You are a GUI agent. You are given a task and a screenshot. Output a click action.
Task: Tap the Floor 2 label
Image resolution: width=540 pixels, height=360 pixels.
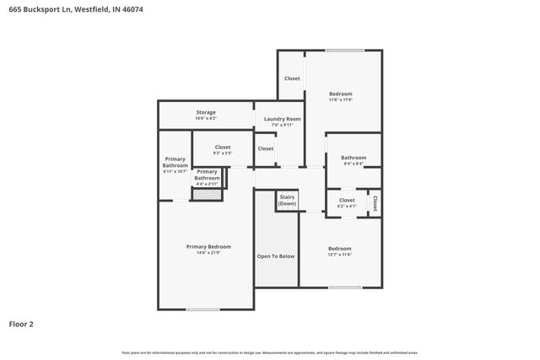coord(21,323)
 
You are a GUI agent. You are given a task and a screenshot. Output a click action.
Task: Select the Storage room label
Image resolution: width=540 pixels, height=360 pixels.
coord(206,112)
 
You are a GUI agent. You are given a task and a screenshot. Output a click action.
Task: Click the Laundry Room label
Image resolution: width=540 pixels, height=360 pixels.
coord(282,120)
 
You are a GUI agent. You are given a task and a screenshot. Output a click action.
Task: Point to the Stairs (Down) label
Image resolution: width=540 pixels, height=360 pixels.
coord(288,201)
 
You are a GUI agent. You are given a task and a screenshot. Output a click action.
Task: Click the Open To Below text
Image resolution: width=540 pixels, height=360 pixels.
coord(276,255)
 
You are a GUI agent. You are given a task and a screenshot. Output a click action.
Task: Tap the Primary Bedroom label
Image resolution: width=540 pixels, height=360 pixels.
coord(208,246)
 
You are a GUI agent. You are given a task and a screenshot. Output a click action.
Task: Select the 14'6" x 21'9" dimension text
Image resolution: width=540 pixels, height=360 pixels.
coord(208,253)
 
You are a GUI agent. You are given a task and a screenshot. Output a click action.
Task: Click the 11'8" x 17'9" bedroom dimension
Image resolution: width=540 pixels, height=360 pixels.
coord(340,99)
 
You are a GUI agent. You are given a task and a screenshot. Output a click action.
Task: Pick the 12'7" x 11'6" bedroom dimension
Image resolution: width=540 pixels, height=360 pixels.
coord(339,255)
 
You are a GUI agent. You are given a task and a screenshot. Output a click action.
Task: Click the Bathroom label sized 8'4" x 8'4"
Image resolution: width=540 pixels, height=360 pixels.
coord(354,158)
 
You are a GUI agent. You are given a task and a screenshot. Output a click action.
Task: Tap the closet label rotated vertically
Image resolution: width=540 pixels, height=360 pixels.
coord(375,203)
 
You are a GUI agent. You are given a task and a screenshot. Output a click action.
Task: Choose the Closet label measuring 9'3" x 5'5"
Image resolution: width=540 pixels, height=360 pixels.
coord(222,147)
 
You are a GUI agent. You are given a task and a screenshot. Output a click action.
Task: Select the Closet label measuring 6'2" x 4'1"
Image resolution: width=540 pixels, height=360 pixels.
coord(347,200)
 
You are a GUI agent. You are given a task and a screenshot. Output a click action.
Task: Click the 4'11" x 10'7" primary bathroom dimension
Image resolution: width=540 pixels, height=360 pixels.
coord(175,171)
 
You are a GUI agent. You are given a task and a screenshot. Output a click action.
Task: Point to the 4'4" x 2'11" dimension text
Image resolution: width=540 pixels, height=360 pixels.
coord(208,184)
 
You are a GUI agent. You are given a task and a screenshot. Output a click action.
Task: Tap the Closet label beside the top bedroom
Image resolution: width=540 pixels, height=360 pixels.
coord(292,78)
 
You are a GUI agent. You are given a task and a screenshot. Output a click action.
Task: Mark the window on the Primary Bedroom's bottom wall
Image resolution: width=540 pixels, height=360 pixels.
coord(202,309)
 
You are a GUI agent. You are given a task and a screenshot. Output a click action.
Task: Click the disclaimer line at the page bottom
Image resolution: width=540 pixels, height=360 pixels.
coord(270,352)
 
